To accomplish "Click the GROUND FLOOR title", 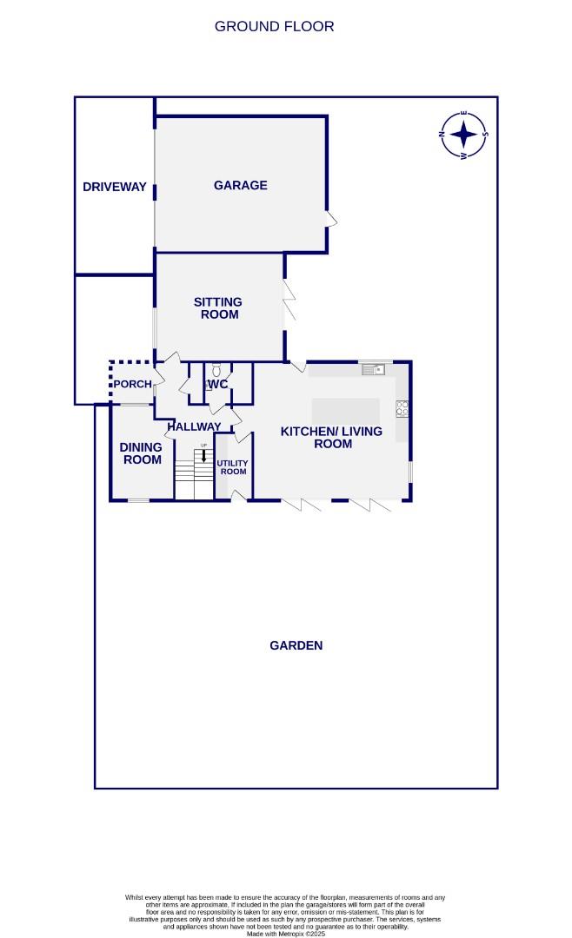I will click(x=274, y=26).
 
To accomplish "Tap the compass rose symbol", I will click(x=464, y=135).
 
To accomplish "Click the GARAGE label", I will click(x=240, y=185).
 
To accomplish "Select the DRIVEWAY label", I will click(x=114, y=187).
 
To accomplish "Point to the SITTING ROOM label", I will click(x=218, y=307).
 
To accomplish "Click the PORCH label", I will click(x=132, y=384).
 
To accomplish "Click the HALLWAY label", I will click(x=194, y=426).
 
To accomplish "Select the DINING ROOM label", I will click(x=141, y=452).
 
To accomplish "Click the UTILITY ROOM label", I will click(x=232, y=467).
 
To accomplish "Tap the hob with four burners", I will click(x=402, y=407).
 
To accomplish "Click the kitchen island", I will click(x=345, y=409).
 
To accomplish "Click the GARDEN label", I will click(x=296, y=645).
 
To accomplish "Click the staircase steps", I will click(x=193, y=481).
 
